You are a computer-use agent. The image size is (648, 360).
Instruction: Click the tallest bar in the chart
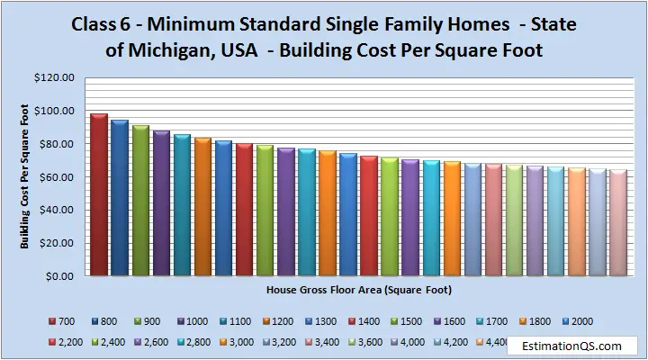click(x=99, y=193)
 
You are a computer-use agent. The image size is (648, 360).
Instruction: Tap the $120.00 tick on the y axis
click(x=57, y=77)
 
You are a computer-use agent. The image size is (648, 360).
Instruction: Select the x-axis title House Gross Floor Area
click(x=359, y=292)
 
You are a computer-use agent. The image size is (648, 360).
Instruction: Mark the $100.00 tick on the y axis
click(x=57, y=111)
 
